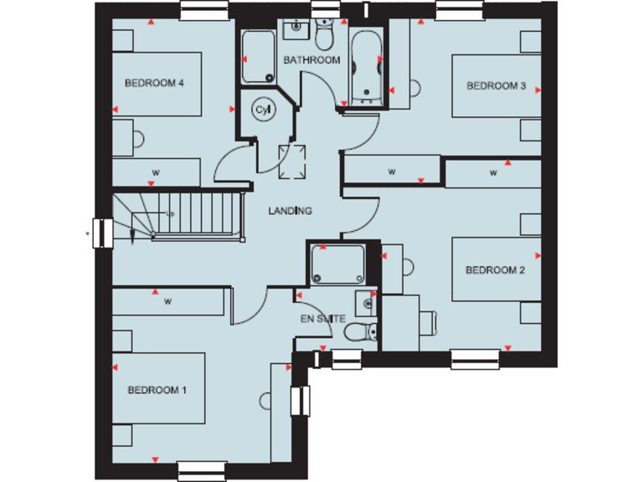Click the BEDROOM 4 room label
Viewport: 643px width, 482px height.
coord(154,83)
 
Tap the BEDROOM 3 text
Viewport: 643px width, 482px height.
coord(496,85)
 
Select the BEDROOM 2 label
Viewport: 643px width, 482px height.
coord(495,269)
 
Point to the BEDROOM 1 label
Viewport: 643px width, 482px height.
coord(157,390)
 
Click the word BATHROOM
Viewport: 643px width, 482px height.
coord(311,60)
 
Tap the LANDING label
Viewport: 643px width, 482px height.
coord(290,211)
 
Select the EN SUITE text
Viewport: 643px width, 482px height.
coord(321,319)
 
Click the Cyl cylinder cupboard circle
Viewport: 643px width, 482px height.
coord(263,110)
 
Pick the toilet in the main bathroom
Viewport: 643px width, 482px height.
coord(324,35)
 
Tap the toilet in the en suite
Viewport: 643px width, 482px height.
coord(361,332)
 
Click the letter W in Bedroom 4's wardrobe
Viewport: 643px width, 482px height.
coord(155,172)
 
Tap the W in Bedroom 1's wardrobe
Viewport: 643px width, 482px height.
coord(168,300)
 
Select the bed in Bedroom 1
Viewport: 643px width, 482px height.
coord(158,389)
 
